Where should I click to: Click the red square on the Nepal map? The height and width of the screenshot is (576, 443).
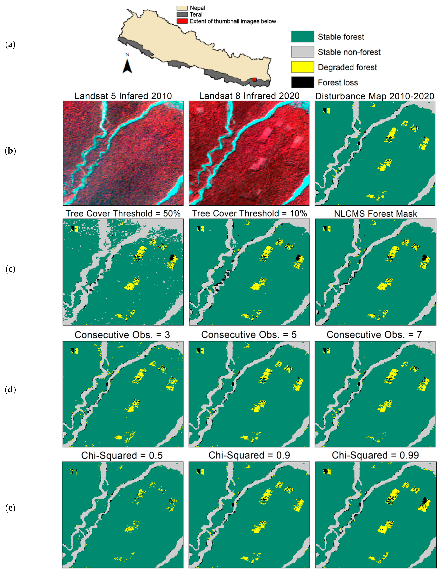[x=254, y=79]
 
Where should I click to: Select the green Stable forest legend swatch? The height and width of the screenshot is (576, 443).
[x=302, y=37]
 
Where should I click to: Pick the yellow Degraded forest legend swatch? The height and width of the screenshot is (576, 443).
[x=302, y=67]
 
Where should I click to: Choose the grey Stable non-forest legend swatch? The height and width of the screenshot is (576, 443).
[x=302, y=52]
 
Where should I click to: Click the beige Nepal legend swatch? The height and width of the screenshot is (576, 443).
[x=182, y=8]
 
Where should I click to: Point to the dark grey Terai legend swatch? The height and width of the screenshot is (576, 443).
[x=182, y=14]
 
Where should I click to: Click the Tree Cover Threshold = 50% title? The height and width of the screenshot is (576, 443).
[x=123, y=214]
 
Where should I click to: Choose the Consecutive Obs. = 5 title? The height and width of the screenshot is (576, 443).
[x=249, y=335]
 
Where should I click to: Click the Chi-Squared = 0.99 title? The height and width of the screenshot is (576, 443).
[x=375, y=455]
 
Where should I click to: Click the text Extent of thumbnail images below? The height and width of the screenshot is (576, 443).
[x=233, y=21]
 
